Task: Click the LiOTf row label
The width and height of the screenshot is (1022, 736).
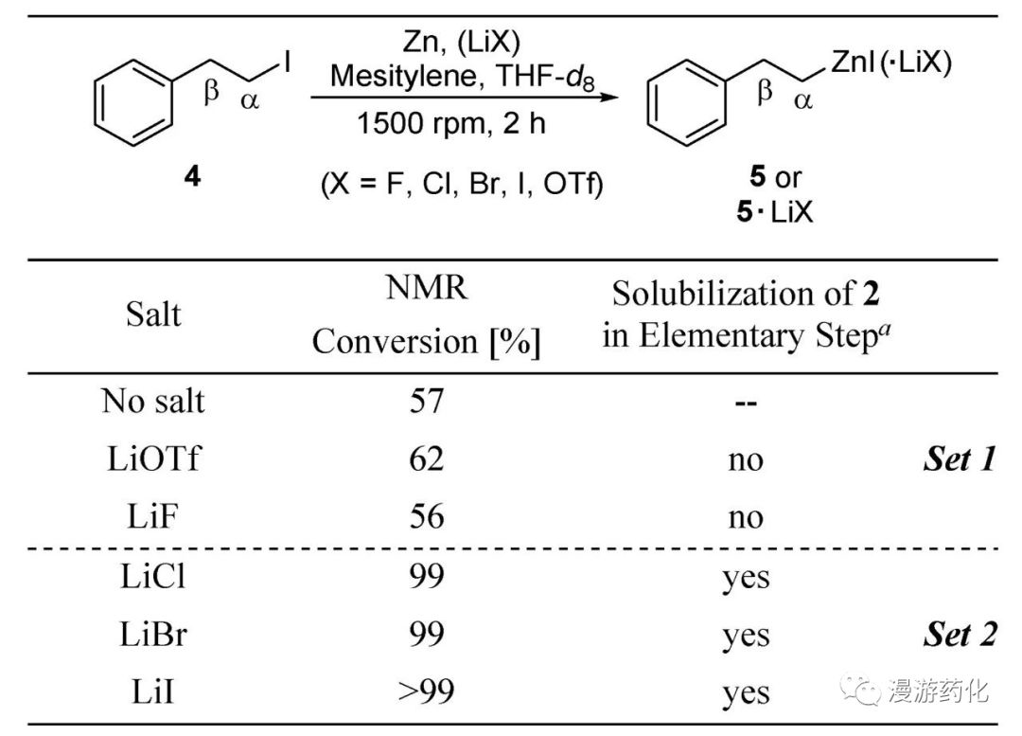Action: click(x=152, y=459)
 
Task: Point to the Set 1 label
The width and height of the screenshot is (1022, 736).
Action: click(x=960, y=459)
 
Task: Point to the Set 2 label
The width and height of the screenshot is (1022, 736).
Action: click(x=960, y=635)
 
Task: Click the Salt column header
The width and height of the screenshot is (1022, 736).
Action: click(x=152, y=314)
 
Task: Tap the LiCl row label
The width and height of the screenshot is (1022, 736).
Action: click(x=152, y=576)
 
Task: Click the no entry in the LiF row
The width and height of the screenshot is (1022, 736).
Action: click(x=746, y=518)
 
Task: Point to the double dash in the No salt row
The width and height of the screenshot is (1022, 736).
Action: click(x=746, y=402)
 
